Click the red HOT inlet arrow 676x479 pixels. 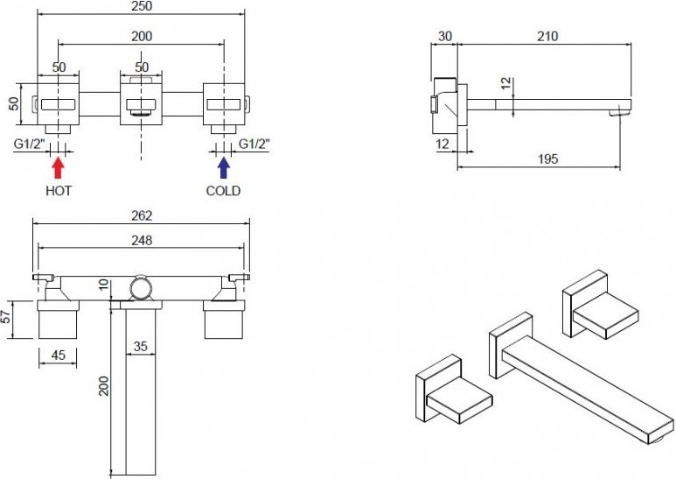59,167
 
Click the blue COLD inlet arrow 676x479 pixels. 223,167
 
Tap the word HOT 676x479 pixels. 59,191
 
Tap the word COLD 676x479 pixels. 223,191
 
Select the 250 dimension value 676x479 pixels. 142,6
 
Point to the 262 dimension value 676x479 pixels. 142,215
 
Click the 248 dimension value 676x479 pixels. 142,240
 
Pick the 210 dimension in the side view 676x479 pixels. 547,36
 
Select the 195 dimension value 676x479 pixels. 548,158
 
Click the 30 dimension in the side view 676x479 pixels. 445,36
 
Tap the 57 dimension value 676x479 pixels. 5,319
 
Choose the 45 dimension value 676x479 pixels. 59,355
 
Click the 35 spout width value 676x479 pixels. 141,346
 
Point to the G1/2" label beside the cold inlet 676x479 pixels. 254,144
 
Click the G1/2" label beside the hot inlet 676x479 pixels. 30,144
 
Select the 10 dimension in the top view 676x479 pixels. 104,284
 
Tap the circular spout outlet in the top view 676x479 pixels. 142,288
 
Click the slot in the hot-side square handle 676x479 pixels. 59,104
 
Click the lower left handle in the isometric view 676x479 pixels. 454,389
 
